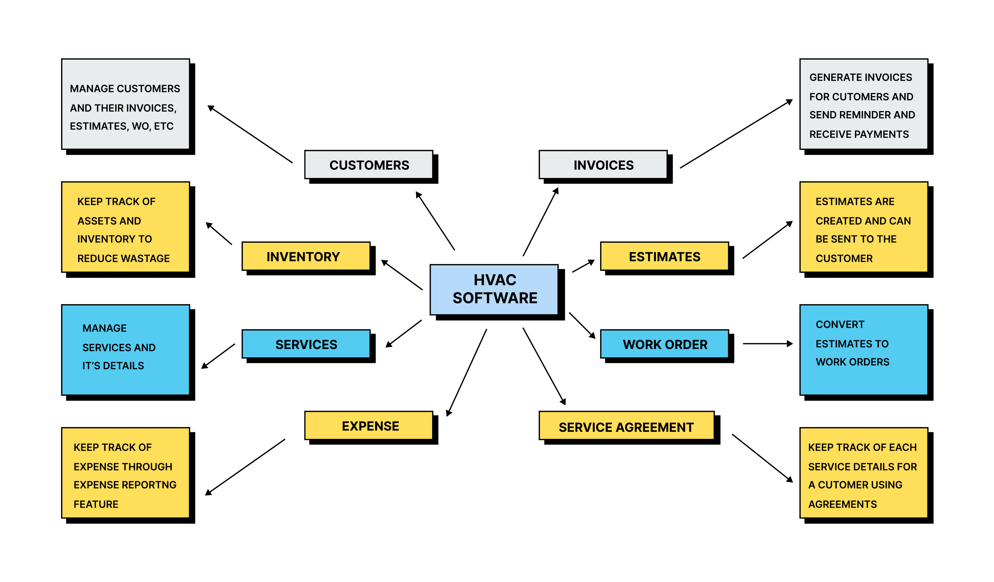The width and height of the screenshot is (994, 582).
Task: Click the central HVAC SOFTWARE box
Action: coord(494,289)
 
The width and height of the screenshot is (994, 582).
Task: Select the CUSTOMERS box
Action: coord(369,165)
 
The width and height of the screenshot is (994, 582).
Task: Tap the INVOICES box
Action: coord(603,165)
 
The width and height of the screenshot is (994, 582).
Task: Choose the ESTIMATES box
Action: coord(664,257)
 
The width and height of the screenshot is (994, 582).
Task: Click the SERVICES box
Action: coord(306,344)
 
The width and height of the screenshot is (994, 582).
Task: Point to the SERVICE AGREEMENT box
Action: coord(626,427)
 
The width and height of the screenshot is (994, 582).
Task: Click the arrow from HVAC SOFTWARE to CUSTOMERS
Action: coord(436,221)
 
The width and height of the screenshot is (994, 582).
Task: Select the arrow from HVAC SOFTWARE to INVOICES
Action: coord(540,222)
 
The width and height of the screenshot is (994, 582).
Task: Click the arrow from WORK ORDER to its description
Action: coord(767,344)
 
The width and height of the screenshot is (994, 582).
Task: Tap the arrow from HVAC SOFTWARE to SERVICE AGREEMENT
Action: coord(544,366)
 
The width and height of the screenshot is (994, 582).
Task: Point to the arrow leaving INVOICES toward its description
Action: coord(736,134)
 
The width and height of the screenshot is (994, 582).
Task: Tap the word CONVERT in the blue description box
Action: coord(840,324)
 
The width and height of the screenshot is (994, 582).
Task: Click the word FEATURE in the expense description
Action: coord(96,504)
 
